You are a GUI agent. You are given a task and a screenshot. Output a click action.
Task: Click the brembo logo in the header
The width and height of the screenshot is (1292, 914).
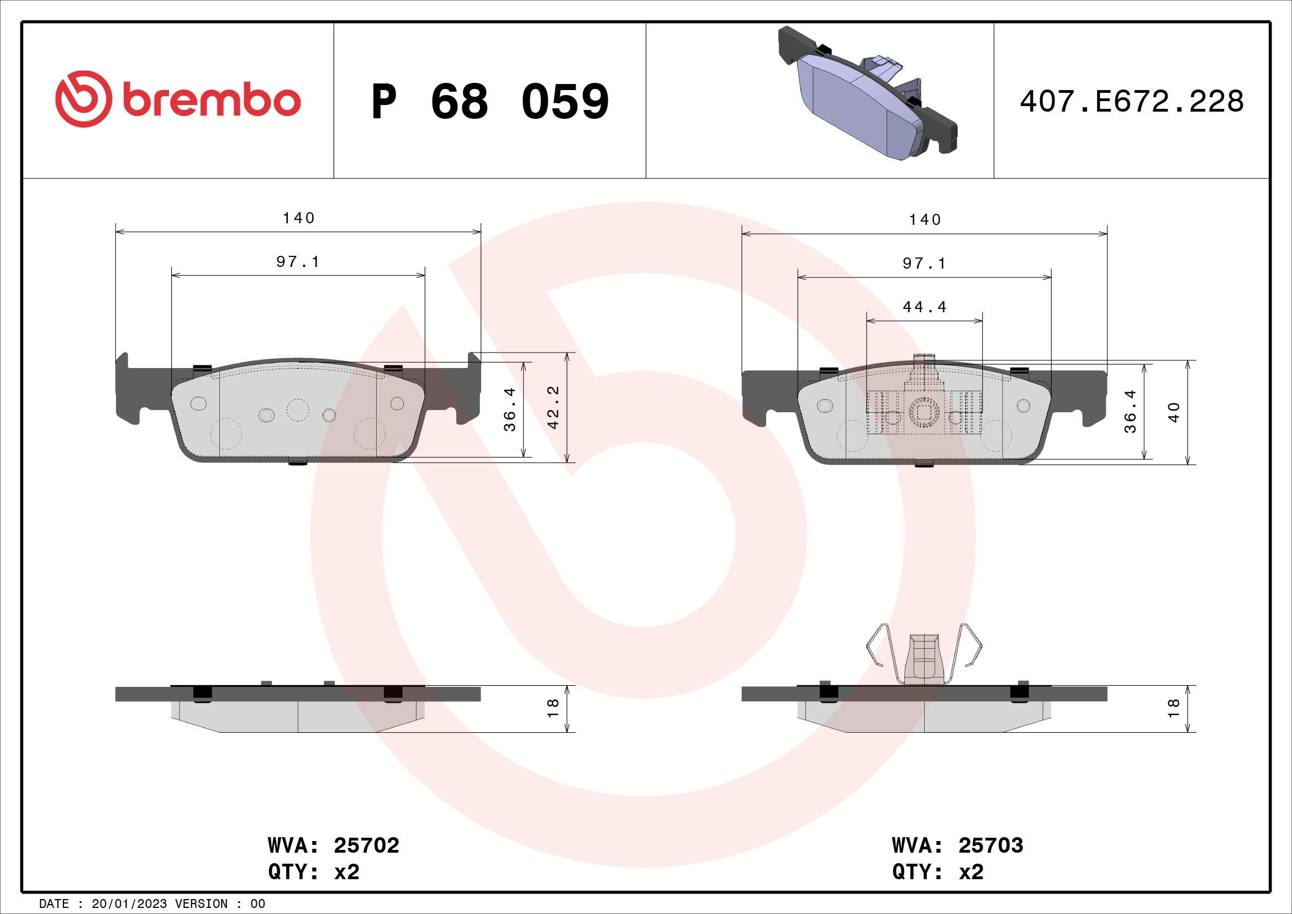(x=178, y=100)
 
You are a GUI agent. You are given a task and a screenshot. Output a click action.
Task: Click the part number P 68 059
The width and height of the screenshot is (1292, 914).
(x=489, y=102)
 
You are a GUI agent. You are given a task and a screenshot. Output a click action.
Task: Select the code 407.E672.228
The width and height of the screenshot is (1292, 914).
(x=1132, y=102)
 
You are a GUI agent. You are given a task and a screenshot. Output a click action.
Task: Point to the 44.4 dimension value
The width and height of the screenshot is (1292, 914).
(x=925, y=307)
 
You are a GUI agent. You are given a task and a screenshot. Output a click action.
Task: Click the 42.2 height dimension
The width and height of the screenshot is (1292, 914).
(x=553, y=407)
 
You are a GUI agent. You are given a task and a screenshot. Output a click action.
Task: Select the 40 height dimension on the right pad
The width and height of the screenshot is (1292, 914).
(x=1174, y=412)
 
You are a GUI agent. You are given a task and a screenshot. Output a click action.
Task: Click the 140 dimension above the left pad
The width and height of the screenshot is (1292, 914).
(x=298, y=218)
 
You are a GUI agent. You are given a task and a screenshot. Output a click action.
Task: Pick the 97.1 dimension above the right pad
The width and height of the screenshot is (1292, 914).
(x=925, y=264)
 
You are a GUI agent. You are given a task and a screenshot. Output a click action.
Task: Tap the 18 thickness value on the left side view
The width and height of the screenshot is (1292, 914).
(x=553, y=707)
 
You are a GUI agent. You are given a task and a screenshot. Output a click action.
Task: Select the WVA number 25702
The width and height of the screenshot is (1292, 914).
(x=366, y=845)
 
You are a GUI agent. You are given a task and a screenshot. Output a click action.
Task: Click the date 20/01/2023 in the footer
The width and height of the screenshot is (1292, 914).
(x=129, y=904)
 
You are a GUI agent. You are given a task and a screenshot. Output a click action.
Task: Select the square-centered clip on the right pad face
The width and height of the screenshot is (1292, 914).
(x=924, y=412)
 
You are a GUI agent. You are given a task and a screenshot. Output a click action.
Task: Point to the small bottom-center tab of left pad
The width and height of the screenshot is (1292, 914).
(x=298, y=462)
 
